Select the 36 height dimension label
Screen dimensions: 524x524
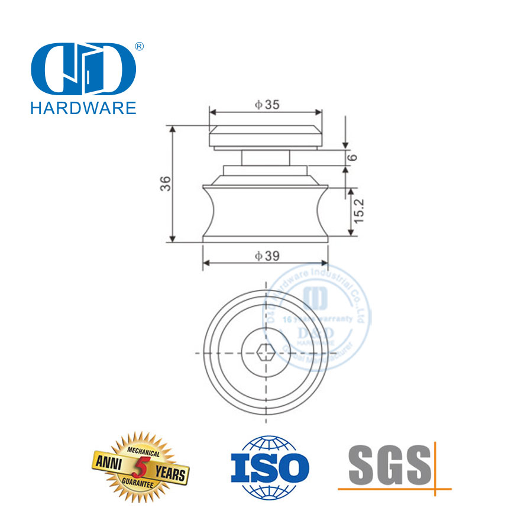[167, 183]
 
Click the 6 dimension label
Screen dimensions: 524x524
[353, 157]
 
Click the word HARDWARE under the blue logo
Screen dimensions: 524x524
[82, 107]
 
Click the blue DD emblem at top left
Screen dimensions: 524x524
[82, 70]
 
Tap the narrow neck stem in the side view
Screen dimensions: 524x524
[266, 159]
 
